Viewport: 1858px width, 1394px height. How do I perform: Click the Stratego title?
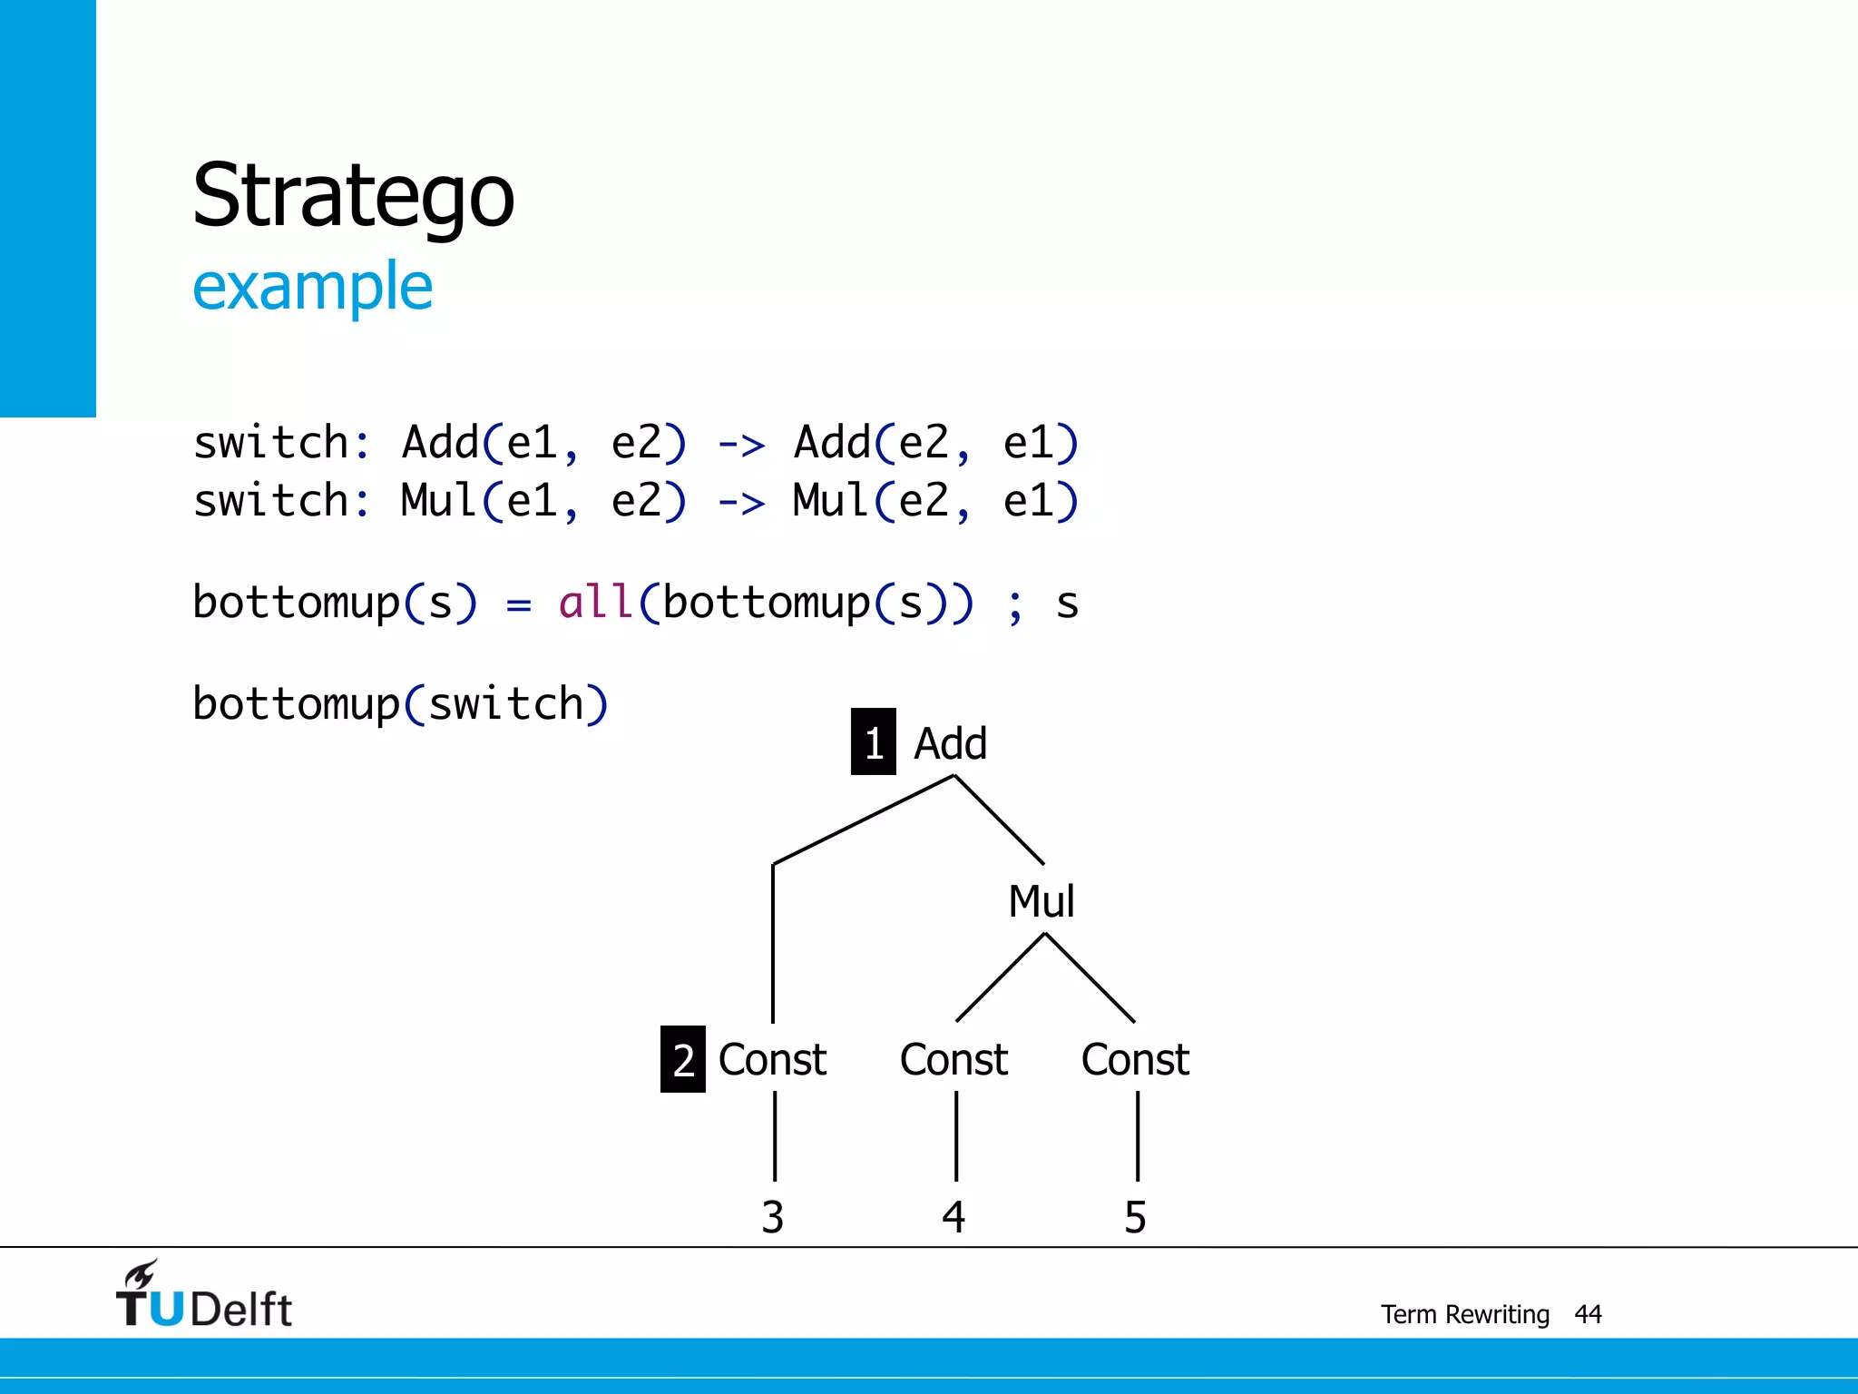click(353, 196)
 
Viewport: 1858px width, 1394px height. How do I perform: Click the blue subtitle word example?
click(312, 287)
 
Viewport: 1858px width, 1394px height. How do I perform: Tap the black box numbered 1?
click(873, 742)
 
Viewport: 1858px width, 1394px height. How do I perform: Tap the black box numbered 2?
click(683, 1059)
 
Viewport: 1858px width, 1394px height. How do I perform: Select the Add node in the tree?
click(950, 743)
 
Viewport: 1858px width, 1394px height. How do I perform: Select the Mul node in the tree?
click(1041, 902)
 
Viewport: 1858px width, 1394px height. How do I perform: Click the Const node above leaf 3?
click(772, 1060)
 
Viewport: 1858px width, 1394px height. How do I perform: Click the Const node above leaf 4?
click(953, 1060)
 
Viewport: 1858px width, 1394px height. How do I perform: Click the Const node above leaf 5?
click(1135, 1060)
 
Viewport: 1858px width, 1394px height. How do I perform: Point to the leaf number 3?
click(772, 1217)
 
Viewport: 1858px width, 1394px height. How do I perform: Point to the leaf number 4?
click(953, 1217)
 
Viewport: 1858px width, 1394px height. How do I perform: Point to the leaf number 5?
click(1135, 1217)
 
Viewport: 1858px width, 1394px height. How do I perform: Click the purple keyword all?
click(595, 603)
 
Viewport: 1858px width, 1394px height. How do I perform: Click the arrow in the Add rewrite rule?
click(741, 445)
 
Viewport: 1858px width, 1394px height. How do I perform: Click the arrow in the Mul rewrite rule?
click(741, 503)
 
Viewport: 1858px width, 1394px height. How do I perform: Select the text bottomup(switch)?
click(400, 704)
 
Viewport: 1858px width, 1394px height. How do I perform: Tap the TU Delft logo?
click(204, 1296)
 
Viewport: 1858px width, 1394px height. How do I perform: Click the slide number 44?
click(1588, 1314)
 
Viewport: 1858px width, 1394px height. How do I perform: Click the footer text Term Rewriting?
click(1464, 1314)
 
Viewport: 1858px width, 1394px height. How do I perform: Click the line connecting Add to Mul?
click(999, 820)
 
